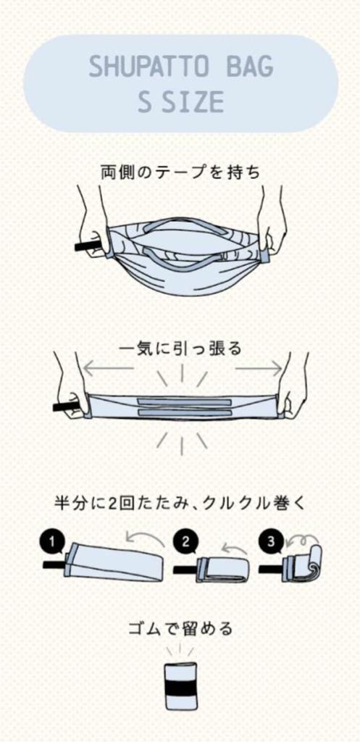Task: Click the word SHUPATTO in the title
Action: click(148, 67)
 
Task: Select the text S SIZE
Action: click(180, 101)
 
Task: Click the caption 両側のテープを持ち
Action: click(180, 172)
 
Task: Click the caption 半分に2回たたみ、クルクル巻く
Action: click(180, 504)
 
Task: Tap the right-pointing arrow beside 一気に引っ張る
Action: click(259, 367)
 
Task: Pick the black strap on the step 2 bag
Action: click(185, 570)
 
